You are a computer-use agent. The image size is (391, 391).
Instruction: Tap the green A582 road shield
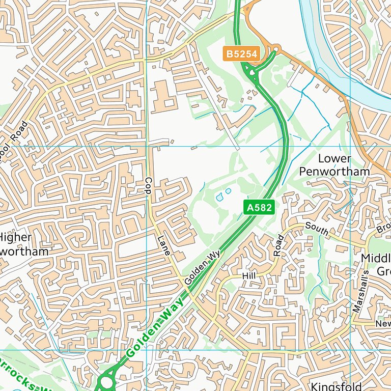point(260,207)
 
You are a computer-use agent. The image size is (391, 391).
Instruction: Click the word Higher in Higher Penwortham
point(15,237)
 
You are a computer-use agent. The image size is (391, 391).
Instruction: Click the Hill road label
point(248,275)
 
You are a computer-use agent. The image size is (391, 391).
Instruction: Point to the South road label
point(317,229)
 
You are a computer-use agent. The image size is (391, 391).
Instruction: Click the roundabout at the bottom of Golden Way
point(106,381)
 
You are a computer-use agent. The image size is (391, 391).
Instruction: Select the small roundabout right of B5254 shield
point(276,49)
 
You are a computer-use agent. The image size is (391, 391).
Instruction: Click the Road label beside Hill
point(278,246)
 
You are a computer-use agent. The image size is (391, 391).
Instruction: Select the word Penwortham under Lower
point(334,172)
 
